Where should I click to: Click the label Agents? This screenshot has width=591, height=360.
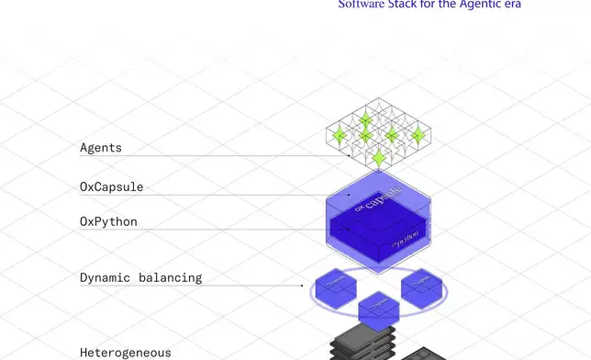tap(101, 147)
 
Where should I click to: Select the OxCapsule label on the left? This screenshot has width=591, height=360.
tap(111, 187)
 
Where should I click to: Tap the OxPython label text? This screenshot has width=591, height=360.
tap(108, 221)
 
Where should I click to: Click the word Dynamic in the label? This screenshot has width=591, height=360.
tap(106, 276)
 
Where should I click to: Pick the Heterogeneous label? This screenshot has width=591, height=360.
tap(125, 352)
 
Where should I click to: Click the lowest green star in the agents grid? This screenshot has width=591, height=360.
tap(379, 157)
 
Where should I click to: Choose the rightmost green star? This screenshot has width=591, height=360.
tap(418, 136)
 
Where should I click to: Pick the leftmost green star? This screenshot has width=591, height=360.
tap(340, 137)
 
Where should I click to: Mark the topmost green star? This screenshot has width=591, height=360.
tap(365, 119)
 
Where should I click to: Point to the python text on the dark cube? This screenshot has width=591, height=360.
tap(405, 242)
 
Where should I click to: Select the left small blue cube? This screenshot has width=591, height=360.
tap(336, 286)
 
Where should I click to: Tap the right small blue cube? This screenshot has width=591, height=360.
tap(421, 287)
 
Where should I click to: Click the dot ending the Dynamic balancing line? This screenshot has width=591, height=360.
tap(302, 286)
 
